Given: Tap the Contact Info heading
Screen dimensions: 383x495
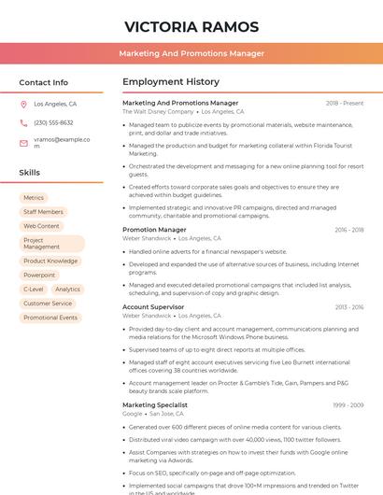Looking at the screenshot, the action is (44, 82).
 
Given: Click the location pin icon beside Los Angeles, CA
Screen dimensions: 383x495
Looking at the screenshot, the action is (23, 104).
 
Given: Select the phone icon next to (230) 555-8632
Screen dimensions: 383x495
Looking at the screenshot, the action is (23, 122).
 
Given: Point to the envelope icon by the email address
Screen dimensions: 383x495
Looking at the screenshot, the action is (23, 142).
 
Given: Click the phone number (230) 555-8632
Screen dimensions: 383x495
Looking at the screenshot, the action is (53, 122).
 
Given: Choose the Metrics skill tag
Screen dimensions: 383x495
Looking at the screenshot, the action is (34, 198).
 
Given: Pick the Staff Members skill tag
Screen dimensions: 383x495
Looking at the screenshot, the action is (43, 212).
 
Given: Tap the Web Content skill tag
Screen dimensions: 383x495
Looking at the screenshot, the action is (41, 226).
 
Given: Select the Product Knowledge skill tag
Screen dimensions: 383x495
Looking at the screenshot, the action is (50, 262).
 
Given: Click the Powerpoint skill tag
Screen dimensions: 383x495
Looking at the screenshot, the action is (39, 276).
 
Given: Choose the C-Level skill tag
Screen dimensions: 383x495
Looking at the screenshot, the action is (33, 290).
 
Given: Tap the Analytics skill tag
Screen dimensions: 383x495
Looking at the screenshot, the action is (67, 290).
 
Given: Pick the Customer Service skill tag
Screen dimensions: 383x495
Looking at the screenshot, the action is (48, 304).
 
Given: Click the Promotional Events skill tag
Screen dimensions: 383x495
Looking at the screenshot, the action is (50, 318).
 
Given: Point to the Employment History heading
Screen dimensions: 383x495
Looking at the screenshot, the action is (171, 82).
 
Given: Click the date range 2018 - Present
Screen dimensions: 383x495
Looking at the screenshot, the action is (345, 103).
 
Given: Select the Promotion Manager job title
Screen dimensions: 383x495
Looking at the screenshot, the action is (154, 230).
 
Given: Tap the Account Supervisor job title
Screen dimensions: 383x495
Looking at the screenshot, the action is (153, 307).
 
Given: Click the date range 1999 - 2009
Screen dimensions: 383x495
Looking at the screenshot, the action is (348, 405).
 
